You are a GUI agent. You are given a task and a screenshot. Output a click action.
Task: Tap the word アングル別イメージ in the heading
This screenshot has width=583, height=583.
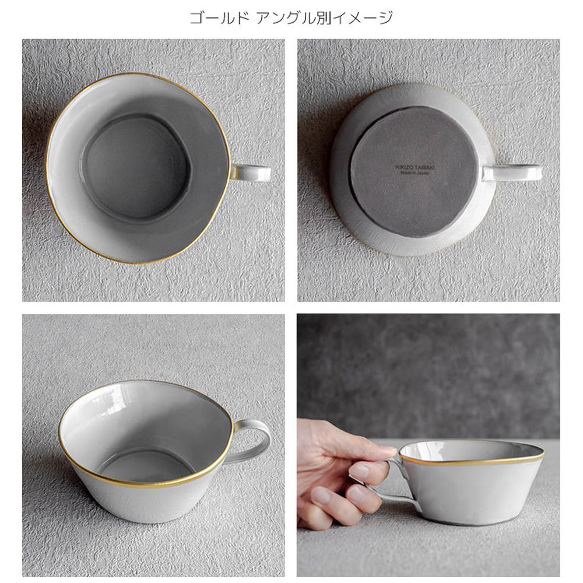324,17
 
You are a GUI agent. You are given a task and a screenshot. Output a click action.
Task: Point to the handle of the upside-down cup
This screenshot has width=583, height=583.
512,173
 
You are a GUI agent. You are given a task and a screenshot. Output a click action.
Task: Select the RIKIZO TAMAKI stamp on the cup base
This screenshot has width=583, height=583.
415,167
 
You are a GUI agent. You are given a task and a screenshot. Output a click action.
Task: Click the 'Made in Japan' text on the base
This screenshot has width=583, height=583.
415,173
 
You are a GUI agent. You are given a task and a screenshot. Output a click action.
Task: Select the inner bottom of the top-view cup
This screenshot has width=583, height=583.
136,167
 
